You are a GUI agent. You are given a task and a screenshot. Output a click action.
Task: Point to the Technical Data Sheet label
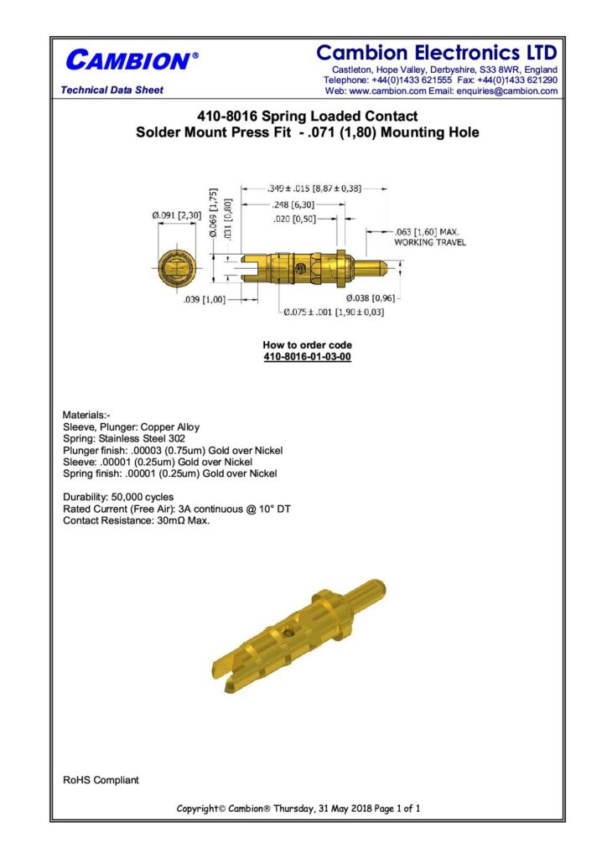tap(112, 90)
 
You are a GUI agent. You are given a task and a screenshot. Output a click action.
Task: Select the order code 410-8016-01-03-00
tap(307, 357)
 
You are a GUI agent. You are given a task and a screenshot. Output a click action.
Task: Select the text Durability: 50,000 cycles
tap(119, 497)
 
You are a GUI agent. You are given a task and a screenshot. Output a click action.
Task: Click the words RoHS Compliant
tap(101, 780)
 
